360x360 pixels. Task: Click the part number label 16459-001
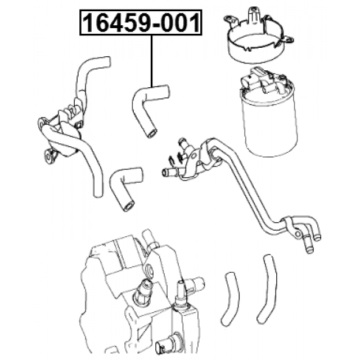pos(141,22)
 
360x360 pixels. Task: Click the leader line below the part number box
pos(151,61)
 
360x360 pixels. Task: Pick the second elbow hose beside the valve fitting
pos(125,187)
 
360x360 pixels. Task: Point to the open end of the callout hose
pos(151,134)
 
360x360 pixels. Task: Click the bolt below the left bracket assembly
pos(49,156)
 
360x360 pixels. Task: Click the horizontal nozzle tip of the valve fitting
pos(164,172)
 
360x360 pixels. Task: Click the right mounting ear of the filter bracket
pos(289,40)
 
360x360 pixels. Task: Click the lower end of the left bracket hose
pos(98,193)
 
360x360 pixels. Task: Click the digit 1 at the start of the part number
pos(88,22)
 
